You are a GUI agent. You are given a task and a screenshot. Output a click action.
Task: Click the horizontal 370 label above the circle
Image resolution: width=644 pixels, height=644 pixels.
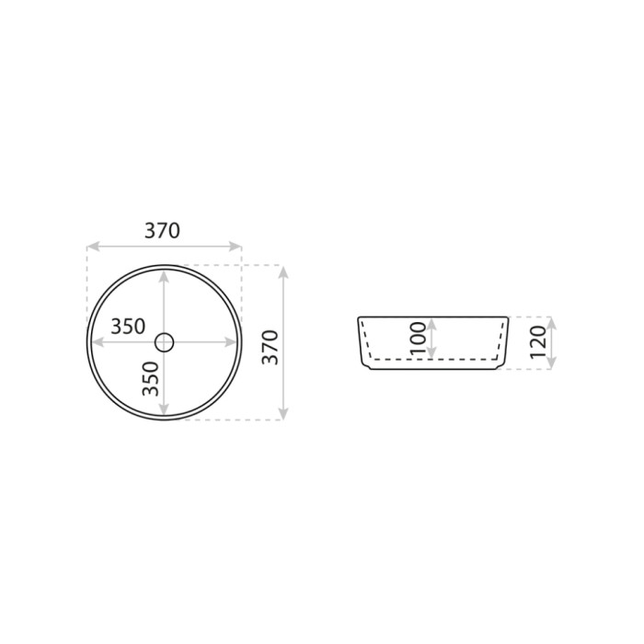tap(162, 231)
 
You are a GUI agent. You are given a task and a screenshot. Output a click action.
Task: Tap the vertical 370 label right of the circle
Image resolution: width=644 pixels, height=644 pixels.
tap(270, 347)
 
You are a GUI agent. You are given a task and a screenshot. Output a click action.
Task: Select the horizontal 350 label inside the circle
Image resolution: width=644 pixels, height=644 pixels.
tap(128, 327)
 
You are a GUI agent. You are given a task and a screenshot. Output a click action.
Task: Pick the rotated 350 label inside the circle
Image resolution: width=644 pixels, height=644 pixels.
tap(150, 379)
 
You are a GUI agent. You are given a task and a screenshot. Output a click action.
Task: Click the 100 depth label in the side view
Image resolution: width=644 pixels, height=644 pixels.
tap(418, 339)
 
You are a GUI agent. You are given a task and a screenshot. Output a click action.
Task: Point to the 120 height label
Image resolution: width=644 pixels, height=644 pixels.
tap(538, 342)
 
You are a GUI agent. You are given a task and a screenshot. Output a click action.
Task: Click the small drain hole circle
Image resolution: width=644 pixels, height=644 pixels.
tap(165, 342)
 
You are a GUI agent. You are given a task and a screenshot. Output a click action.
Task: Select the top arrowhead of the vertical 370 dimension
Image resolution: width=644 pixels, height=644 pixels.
tap(283, 272)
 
